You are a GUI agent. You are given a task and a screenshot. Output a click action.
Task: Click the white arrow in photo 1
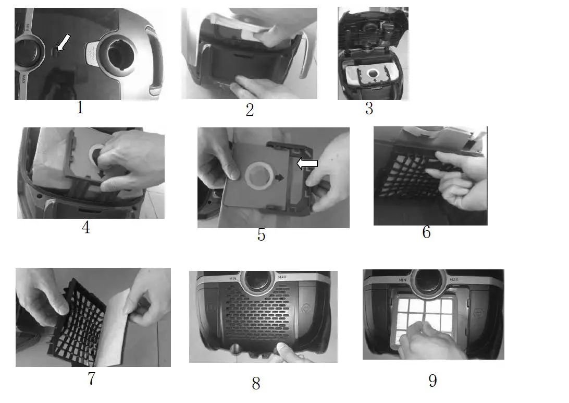(x=64, y=42)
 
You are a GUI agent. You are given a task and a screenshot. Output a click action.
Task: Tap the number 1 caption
(x=80, y=107)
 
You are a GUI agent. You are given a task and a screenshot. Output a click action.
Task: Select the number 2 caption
(x=250, y=110)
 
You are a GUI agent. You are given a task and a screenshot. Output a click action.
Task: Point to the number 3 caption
(x=369, y=108)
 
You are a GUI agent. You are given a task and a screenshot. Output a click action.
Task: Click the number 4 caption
(x=85, y=227)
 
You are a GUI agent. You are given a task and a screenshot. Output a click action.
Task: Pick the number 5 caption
(x=261, y=235)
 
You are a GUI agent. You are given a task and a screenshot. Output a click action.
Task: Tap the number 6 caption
(x=426, y=232)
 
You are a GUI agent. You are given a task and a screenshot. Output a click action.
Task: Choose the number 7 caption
(x=92, y=378)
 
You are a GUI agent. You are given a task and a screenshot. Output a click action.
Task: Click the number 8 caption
(x=256, y=383)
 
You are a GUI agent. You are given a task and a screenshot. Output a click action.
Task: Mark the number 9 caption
(x=432, y=381)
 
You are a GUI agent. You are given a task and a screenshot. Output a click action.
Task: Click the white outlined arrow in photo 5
(x=307, y=163)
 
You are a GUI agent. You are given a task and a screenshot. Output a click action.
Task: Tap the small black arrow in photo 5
(x=279, y=177)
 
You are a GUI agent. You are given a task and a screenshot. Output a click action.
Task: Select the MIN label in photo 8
(x=232, y=278)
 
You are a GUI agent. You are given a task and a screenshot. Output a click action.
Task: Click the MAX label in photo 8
(x=282, y=277)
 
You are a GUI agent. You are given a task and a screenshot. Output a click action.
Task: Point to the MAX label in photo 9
(x=454, y=279)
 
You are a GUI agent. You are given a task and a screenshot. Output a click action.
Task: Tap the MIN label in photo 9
(x=402, y=280)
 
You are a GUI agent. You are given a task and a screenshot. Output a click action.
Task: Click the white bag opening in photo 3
(x=373, y=74)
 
